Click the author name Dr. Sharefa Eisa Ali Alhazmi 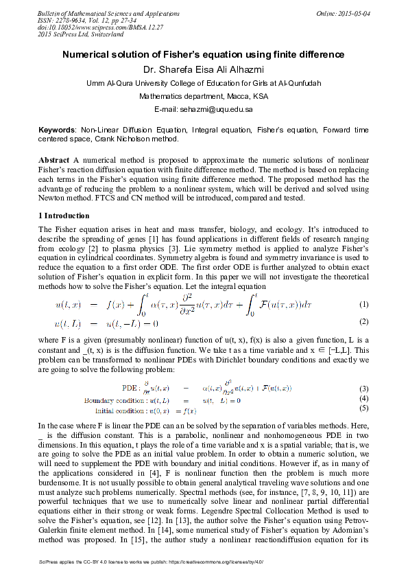[x=204, y=69]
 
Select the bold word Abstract [x=53, y=159]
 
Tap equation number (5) [x=364, y=408]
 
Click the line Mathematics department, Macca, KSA [x=204, y=96]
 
